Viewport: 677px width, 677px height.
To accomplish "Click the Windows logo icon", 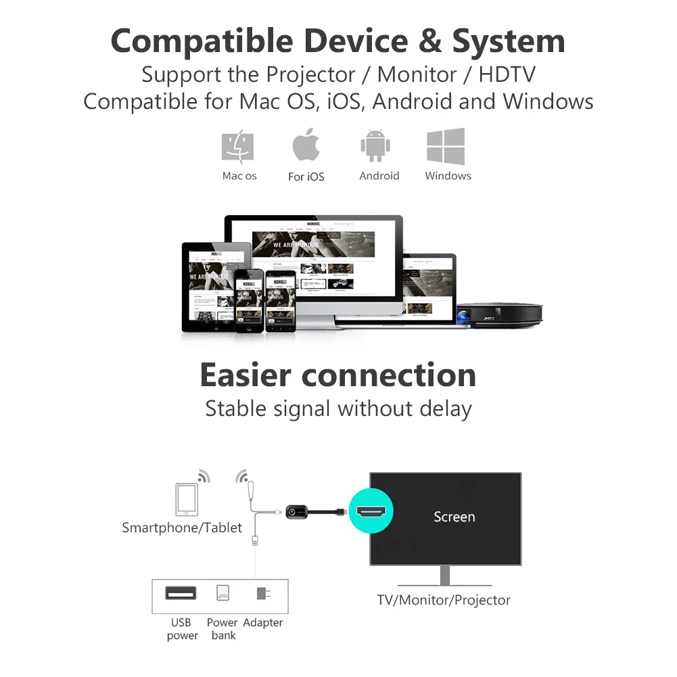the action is (x=446, y=146).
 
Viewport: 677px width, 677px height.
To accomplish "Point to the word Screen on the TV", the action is (x=454, y=517).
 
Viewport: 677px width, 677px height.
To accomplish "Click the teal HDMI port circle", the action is (x=371, y=512).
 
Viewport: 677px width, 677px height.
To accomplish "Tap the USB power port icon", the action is (x=181, y=593).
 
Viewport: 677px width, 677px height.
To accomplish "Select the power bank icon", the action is (x=223, y=593).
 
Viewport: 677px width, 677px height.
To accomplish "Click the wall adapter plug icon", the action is (x=262, y=594).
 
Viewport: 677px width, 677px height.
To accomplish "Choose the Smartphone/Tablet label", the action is (x=181, y=528).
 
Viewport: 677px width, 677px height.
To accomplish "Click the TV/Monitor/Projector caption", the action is (x=444, y=600).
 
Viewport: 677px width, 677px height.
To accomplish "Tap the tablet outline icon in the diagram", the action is (x=186, y=500).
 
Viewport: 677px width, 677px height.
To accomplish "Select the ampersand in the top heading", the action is (x=429, y=42).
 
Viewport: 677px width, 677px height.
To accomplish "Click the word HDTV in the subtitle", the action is (x=507, y=74).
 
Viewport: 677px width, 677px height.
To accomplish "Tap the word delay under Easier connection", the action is (x=444, y=409).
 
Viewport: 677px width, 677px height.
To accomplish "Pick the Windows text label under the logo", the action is (x=448, y=176).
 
